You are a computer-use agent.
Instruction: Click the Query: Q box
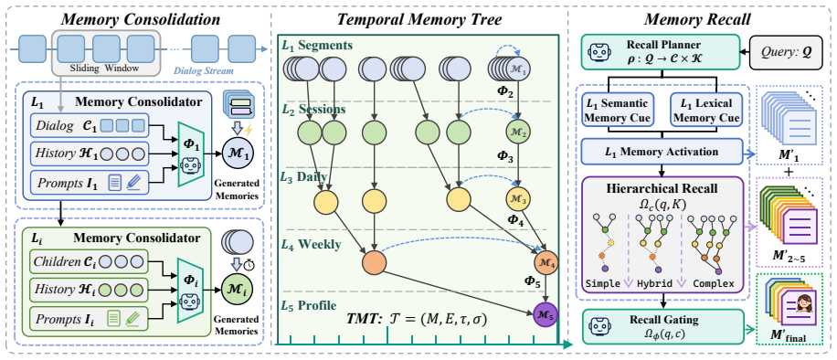788,52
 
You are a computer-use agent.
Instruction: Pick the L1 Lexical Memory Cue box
705,111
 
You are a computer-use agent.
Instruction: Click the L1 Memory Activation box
662,152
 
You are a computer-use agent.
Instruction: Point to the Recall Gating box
662,326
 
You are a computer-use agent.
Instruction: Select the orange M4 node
546,263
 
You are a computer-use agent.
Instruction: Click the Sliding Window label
104,69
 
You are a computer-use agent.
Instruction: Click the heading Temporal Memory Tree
418,20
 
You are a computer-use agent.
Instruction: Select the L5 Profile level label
309,306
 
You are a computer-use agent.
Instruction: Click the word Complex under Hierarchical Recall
713,282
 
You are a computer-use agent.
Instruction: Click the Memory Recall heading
697,20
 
